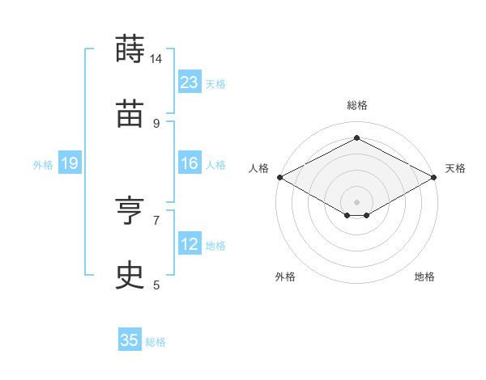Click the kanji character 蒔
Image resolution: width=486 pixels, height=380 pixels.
(130, 49)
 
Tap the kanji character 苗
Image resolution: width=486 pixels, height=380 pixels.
(130, 113)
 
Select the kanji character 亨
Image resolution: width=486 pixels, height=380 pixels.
(130, 210)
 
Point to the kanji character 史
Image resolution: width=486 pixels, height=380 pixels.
(130, 275)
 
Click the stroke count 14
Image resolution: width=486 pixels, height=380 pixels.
(156, 58)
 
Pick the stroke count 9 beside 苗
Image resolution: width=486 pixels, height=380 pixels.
(156, 124)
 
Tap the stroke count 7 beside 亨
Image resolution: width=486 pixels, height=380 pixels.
(156, 221)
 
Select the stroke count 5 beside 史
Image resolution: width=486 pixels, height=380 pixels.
(156, 285)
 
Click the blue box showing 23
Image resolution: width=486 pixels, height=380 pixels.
(190, 82)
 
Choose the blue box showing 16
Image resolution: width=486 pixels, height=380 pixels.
(190, 163)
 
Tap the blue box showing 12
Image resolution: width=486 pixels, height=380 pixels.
(190, 243)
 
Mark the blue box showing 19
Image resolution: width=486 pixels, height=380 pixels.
(70, 163)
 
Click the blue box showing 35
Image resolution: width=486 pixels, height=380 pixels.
(130, 339)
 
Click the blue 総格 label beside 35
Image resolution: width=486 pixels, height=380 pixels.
(156, 342)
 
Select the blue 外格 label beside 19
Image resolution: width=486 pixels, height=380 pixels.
(43, 165)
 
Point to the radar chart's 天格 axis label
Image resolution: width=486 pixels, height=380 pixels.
(455, 168)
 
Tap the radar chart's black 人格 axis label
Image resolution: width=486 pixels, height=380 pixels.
(258, 168)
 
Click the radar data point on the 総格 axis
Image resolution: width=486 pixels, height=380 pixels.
(356, 137)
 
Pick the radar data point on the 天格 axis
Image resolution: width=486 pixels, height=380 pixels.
(434, 177)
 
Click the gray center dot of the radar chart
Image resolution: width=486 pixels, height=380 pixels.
(356, 202)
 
